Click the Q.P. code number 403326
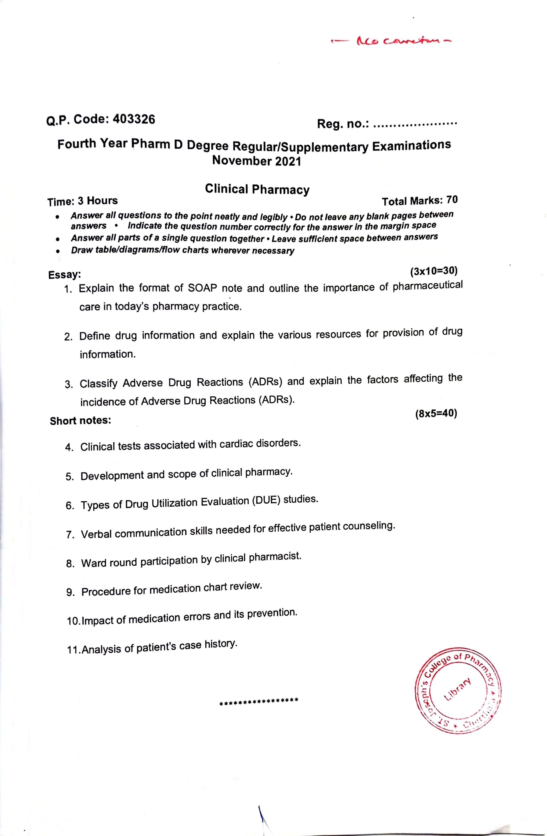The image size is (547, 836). (134, 119)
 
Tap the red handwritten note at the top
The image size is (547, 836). (390, 41)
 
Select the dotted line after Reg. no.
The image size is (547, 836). (415, 124)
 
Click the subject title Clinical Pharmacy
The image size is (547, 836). (257, 189)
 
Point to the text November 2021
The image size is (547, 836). (257, 161)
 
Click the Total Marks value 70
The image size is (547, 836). (452, 200)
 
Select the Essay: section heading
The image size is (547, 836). (65, 274)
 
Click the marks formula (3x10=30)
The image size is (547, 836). (434, 271)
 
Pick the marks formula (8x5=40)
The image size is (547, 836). (436, 414)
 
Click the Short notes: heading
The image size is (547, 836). (80, 421)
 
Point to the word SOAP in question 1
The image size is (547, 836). (202, 288)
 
